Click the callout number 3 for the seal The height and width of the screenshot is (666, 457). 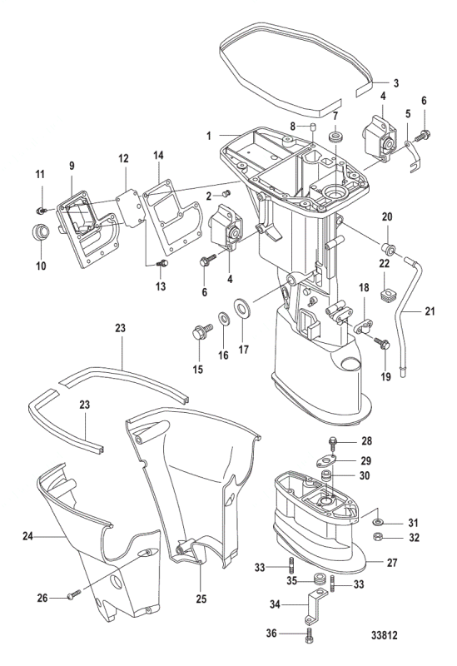pos(395,83)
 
